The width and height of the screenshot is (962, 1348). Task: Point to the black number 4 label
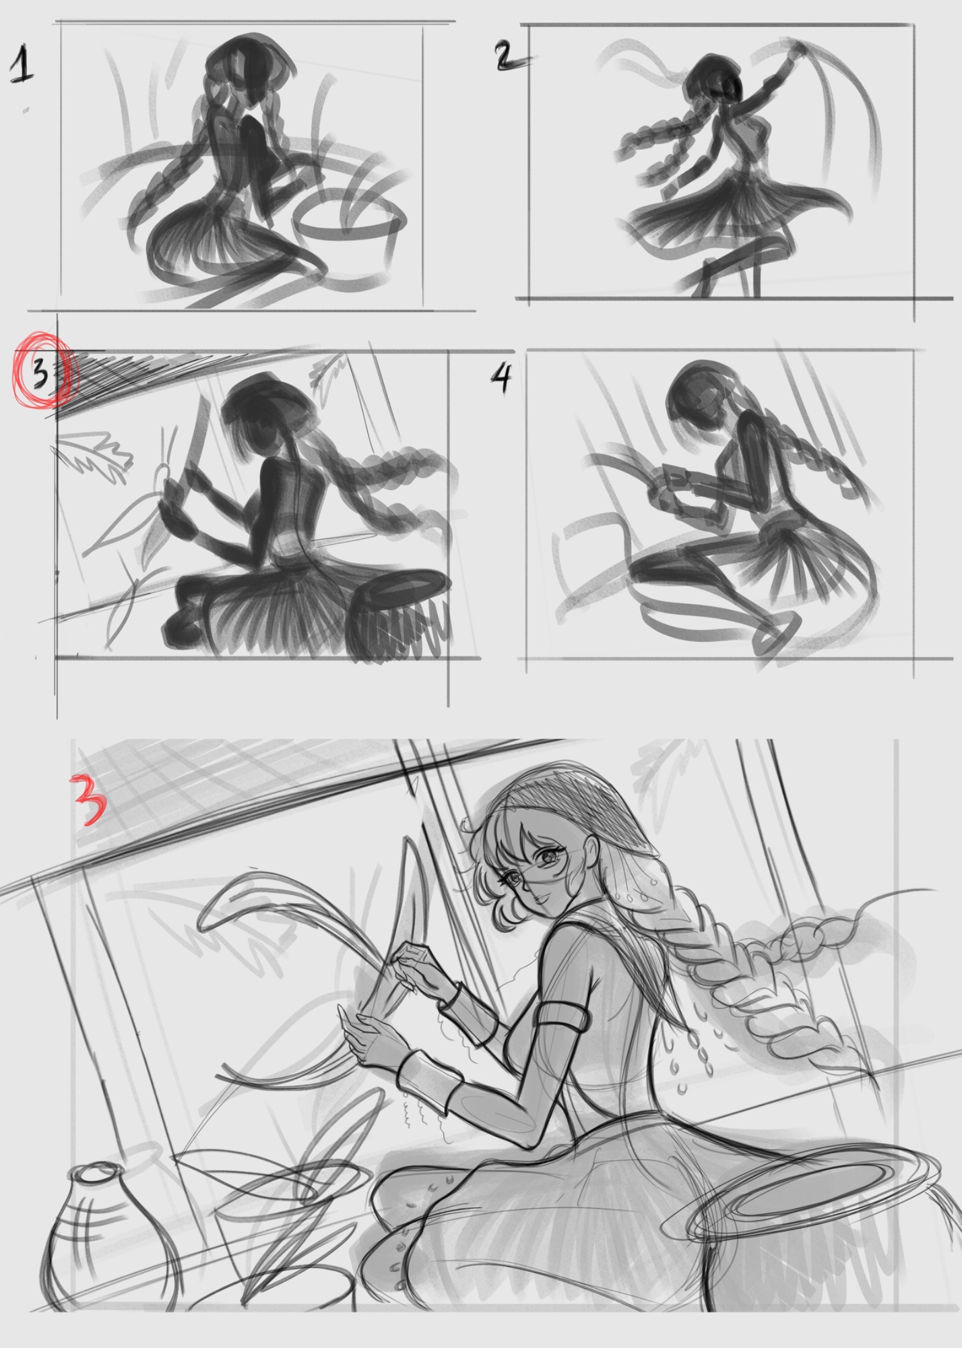pos(501,380)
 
